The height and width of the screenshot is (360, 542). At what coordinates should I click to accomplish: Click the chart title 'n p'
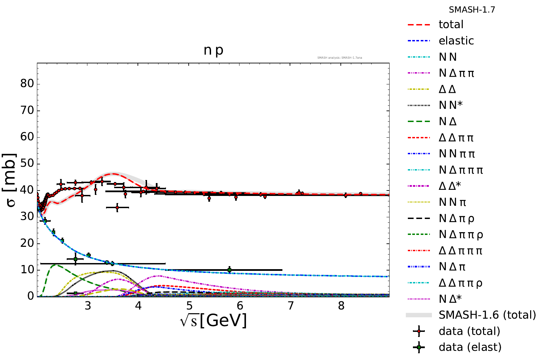click(x=213, y=50)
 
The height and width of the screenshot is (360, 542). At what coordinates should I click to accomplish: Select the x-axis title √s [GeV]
click(x=213, y=320)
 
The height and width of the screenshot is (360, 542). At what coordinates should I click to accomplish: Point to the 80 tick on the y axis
click(x=27, y=84)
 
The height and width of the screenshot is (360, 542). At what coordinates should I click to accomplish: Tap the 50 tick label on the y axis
click(x=27, y=163)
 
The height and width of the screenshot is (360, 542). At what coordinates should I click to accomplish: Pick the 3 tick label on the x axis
click(x=88, y=306)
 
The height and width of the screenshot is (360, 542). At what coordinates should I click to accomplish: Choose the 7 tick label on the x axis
click(x=291, y=306)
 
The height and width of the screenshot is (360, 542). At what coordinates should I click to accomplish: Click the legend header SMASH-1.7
click(x=472, y=10)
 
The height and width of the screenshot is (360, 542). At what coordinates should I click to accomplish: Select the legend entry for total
click(x=451, y=24)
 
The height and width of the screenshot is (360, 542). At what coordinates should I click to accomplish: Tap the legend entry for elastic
click(x=456, y=41)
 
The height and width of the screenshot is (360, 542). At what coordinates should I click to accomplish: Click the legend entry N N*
click(x=451, y=105)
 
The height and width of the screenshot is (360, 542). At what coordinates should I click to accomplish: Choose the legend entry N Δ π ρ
click(x=456, y=218)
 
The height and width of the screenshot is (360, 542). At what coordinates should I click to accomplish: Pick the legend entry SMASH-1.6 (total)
click(x=487, y=315)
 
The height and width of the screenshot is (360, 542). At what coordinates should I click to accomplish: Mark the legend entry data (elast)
click(x=470, y=347)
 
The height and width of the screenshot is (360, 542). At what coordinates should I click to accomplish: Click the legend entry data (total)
click(x=469, y=331)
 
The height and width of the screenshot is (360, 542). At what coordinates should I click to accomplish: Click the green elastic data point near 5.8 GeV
click(x=229, y=270)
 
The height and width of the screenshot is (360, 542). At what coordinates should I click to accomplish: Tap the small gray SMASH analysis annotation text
click(x=339, y=58)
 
